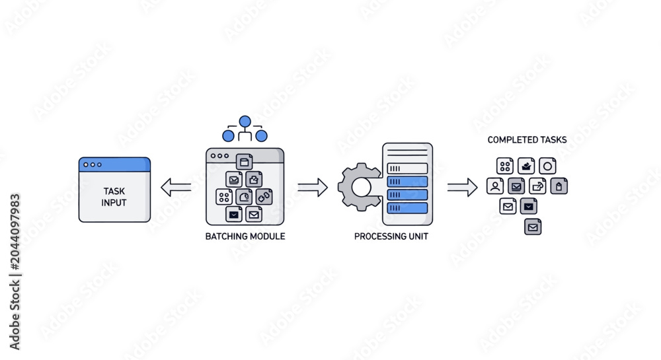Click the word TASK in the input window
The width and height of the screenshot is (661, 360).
coord(114,191)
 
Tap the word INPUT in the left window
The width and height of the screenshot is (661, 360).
coord(114,203)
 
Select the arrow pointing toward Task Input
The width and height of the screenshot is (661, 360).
coord(176,188)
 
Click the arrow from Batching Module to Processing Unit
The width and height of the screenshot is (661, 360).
coord(313,188)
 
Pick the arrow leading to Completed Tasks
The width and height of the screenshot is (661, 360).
coord(463,188)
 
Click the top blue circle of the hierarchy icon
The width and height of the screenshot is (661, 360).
coord(245,122)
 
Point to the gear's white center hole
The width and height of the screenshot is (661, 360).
coord(362,188)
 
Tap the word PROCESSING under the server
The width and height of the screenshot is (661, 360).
coord(375,236)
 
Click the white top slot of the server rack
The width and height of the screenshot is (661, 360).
coord(407,168)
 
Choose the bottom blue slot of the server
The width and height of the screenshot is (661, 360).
coord(407,208)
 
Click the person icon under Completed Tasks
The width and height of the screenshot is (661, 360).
coord(495,186)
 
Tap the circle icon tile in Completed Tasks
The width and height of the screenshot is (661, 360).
coord(547,166)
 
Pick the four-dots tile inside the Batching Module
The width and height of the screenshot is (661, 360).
coord(224,197)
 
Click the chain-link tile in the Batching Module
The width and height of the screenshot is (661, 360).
coord(264,197)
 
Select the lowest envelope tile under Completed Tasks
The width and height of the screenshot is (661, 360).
coord(533,227)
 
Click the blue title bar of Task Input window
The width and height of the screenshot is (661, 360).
coord(114,164)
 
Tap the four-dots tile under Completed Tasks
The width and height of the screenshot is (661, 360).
coord(504,166)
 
